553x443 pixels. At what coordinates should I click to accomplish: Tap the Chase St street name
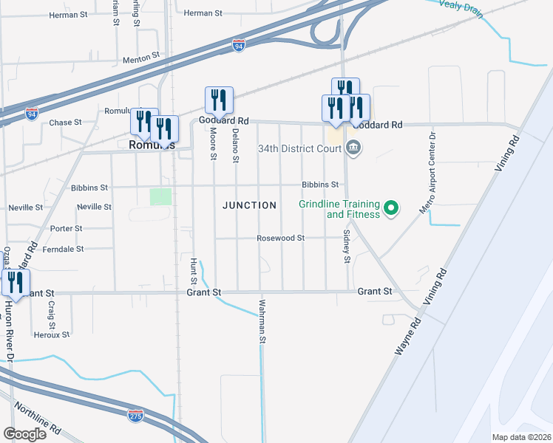(x=65, y=123)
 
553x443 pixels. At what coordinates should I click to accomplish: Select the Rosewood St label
(x=280, y=238)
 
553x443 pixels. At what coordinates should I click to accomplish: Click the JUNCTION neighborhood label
(x=250, y=205)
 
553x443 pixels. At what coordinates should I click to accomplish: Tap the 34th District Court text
(x=299, y=148)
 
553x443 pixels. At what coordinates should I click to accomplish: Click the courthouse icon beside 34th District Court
(x=353, y=148)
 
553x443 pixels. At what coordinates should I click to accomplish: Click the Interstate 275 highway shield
(x=135, y=416)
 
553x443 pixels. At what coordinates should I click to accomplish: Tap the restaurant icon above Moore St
(x=219, y=100)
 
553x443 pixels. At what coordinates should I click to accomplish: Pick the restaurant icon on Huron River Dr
(x=15, y=282)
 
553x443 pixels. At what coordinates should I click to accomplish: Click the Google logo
(x=24, y=433)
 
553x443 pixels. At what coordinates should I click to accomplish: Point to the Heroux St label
(x=52, y=334)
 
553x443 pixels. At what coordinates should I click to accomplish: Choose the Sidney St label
(x=346, y=246)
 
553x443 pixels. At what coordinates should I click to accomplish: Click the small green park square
(x=160, y=196)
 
